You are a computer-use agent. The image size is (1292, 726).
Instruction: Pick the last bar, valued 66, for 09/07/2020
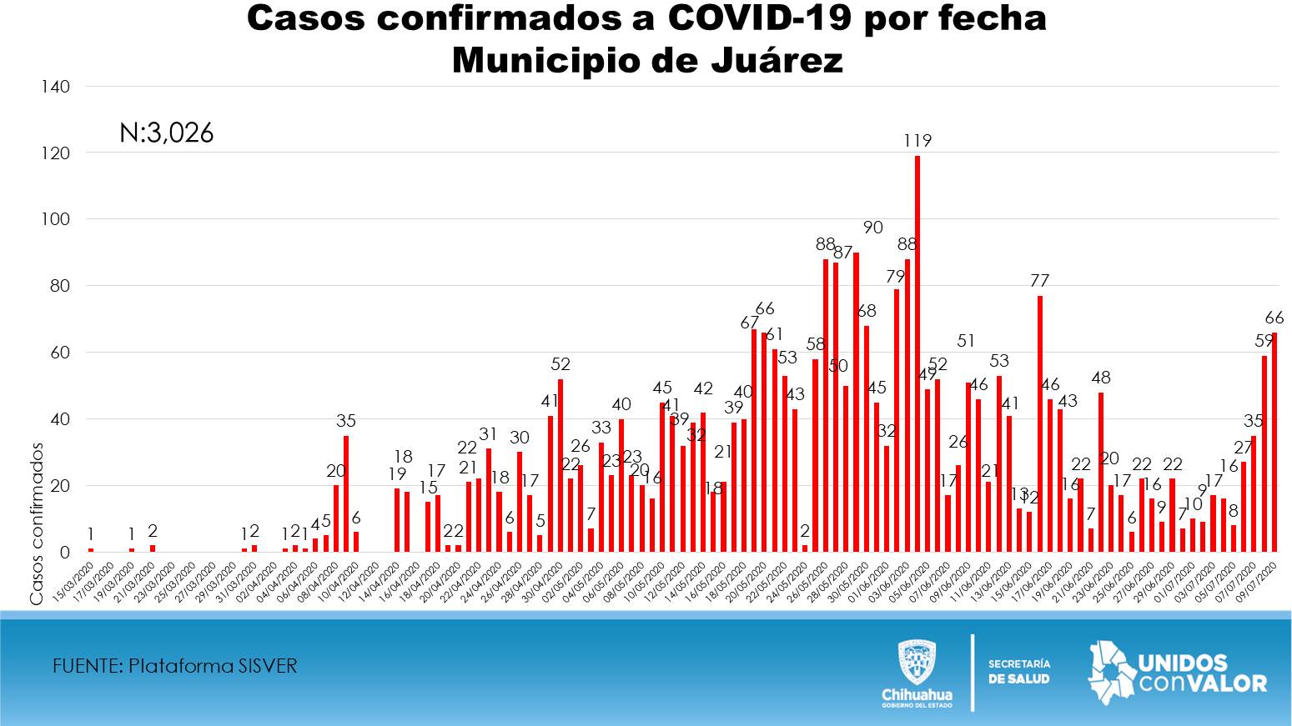coord(1274,442)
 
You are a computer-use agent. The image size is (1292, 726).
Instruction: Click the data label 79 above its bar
coord(895,276)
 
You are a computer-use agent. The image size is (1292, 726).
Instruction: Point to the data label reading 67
coord(749,322)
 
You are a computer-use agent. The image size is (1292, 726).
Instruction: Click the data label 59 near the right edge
coord(1263,341)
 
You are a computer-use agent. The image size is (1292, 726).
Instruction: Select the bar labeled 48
coord(1101,472)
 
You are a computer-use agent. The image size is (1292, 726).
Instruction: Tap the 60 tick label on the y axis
coord(59,353)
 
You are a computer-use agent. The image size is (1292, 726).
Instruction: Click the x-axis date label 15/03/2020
coord(75,581)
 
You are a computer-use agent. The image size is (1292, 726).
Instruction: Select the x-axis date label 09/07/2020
coord(1259,581)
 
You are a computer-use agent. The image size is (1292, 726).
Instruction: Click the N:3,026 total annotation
coord(167,133)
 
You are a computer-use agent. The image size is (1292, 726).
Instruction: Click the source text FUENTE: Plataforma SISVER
coord(174,665)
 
